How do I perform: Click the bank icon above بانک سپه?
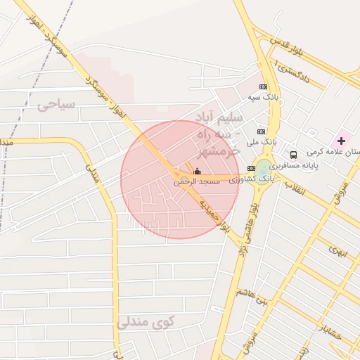point(264,86)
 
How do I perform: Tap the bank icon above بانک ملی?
point(261,131)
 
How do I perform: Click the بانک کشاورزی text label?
point(256,179)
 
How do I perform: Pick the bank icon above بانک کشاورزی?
point(251,168)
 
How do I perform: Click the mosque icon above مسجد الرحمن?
point(197,171)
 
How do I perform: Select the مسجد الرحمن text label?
point(197,181)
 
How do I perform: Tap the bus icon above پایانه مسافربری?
point(293,155)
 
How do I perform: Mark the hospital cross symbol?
point(342,141)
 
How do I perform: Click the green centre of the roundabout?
point(264,167)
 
